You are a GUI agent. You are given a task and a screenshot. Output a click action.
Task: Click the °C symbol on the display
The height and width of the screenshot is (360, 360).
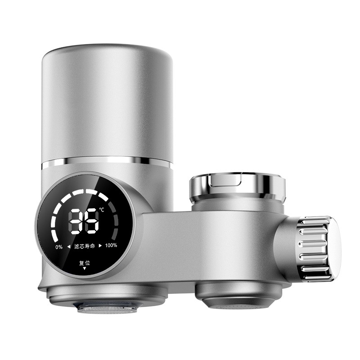(x=102, y=210)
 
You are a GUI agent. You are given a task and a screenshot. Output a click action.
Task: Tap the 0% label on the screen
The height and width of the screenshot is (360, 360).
(x=59, y=246)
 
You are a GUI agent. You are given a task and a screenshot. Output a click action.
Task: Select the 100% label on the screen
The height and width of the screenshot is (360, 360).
(x=111, y=246)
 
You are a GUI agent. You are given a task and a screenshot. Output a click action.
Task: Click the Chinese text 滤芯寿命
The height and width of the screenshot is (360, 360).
(x=85, y=246)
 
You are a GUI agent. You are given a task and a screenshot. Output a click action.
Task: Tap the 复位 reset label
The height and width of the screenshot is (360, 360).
(x=84, y=263)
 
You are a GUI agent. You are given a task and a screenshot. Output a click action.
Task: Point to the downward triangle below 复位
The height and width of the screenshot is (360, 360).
(x=84, y=269)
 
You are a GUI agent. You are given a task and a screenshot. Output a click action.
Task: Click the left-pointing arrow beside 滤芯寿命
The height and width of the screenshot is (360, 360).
(x=69, y=246)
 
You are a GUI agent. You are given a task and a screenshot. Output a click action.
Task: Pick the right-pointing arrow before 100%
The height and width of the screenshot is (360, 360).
(x=100, y=246)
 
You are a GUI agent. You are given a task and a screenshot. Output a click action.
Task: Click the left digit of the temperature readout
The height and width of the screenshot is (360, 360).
(x=76, y=221)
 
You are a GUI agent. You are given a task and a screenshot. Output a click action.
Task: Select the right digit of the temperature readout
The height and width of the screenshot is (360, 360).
(x=91, y=221)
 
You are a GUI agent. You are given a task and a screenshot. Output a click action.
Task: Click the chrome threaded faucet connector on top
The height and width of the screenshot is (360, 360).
(x=237, y=187)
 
